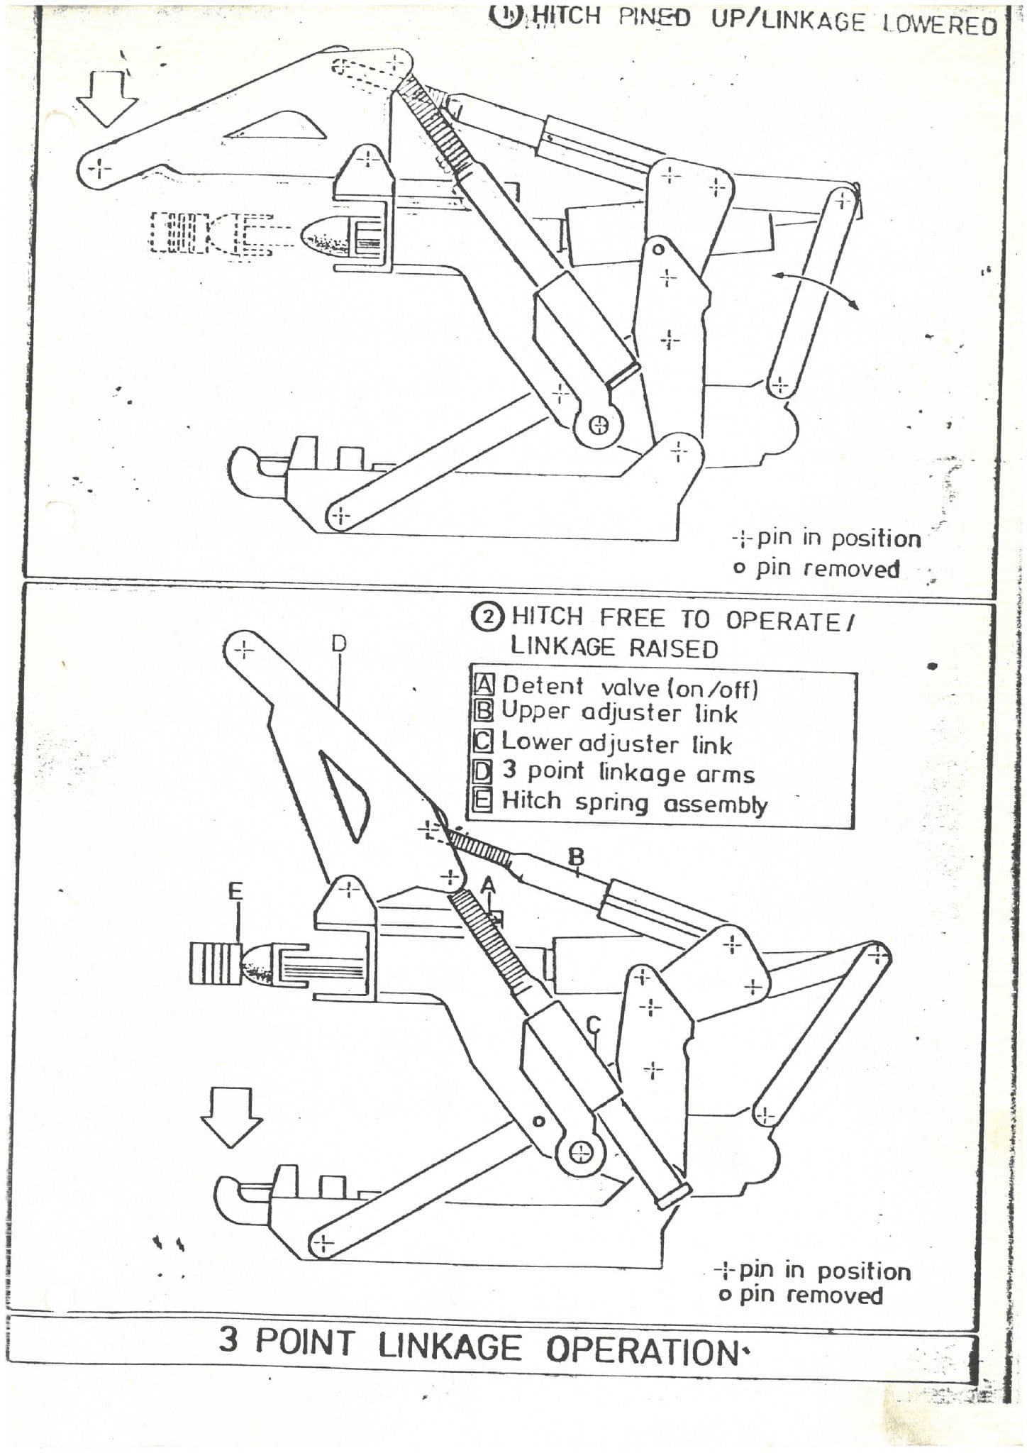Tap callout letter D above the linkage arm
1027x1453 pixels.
click(x=340, y=643)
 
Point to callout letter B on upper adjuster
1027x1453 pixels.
click(x=577, y=857)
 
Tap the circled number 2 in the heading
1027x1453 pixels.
click(x=489, y=617)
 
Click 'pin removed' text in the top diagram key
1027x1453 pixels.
click(x=827, y=568)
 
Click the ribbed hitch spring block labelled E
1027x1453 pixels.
click(x=213, y=963)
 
